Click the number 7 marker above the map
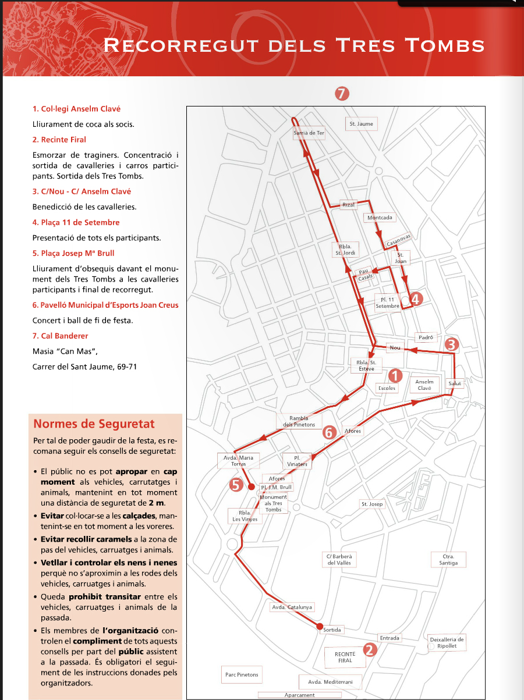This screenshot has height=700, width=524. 342,93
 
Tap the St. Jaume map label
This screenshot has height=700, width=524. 361,124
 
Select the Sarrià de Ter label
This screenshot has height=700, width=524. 309,133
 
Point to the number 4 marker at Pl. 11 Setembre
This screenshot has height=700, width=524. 416,299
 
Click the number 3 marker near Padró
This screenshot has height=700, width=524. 452,344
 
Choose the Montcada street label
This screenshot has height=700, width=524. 380,218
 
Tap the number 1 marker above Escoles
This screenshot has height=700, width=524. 395,375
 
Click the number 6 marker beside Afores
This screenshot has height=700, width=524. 329,432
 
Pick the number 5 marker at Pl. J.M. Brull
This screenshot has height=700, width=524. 236,485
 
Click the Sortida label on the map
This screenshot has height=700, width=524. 332,630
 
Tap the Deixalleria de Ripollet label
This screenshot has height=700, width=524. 447,642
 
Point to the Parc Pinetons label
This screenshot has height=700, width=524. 242,675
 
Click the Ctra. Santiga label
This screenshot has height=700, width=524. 448,560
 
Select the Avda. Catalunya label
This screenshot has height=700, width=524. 292,607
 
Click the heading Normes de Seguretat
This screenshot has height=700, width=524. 94,424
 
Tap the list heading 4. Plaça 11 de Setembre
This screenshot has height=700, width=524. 76,222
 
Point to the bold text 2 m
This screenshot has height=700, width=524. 155,503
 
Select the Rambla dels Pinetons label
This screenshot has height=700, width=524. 298,421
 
